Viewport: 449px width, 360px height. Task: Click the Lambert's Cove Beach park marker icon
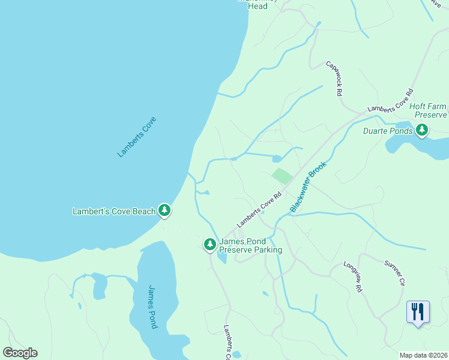[x=164, y=211]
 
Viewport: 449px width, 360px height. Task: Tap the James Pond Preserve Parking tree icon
[x=210, y=244]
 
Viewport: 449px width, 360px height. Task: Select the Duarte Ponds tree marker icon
[x=422, y=130]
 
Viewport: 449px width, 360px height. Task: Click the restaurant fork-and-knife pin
[x=418, y=312]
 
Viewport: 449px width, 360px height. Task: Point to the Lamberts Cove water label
[x=133, y=137]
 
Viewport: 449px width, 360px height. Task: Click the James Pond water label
[x=152, y=307]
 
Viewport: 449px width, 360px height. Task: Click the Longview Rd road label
[x=353, y=277]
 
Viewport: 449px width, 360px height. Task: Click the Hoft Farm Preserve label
[x=429, y=110]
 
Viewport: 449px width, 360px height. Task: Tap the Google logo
[x=20, y=353]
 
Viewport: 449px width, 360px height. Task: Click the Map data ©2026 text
[x=423, y=355]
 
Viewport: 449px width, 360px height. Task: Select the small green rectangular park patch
[x=282, y=176]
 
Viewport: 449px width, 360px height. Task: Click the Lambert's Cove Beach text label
[x=113, y=211]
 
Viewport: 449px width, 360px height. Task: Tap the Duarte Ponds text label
[x=388, y=131]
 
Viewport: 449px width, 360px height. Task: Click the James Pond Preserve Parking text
[x=250, y=245]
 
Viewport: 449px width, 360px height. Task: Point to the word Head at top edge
[x=257, y=7]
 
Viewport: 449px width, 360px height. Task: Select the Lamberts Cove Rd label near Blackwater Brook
[x=259, y=209]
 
